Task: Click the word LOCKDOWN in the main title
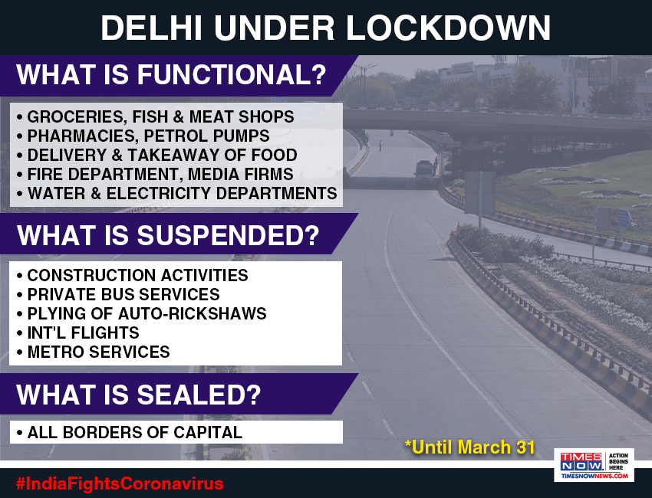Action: click(x=448, y=28)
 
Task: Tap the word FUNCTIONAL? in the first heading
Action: click(x=232, y=75)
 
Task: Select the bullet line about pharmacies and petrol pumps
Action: click(x=144, y=136)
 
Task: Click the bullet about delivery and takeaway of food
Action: click(x=156, y=155)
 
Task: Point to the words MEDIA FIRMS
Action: click(x=240, y=174)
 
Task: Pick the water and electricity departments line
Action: click(x=177, y=193)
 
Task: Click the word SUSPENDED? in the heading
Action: click(x=229, y=235)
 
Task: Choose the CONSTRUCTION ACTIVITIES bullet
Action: click(x=133, y=275)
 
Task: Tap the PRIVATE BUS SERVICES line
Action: click(x=118, y=294)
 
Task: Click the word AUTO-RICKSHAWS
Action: click(x=192, y=313)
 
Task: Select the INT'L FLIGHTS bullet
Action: click(x=78, y=333)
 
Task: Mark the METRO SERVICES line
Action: click(x=94, y=352)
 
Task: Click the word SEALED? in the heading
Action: click(x=199, y=395)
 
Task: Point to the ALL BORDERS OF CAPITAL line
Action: click(x=130, y=432)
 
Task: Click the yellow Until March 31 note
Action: click(x=469, y=447)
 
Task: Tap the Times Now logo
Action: click(x=594, y=465)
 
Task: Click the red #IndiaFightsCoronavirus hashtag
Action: click(x=120, y=484)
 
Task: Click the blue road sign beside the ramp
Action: click(x=624, y=218)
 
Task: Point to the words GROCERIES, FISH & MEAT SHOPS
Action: click(x=160, y=116)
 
